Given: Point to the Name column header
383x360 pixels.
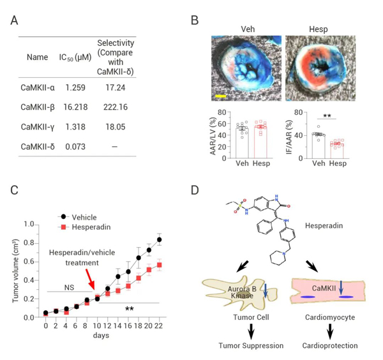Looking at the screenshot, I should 37,57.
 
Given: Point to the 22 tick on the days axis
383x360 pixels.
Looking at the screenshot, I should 158,326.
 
